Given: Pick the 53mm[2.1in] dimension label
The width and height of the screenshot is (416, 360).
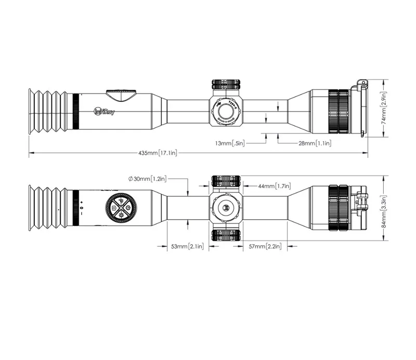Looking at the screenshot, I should pyautogui.click(x=187, y=246).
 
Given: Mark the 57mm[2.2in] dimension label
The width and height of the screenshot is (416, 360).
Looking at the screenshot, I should pyautogui.click(x=266, y=246).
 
